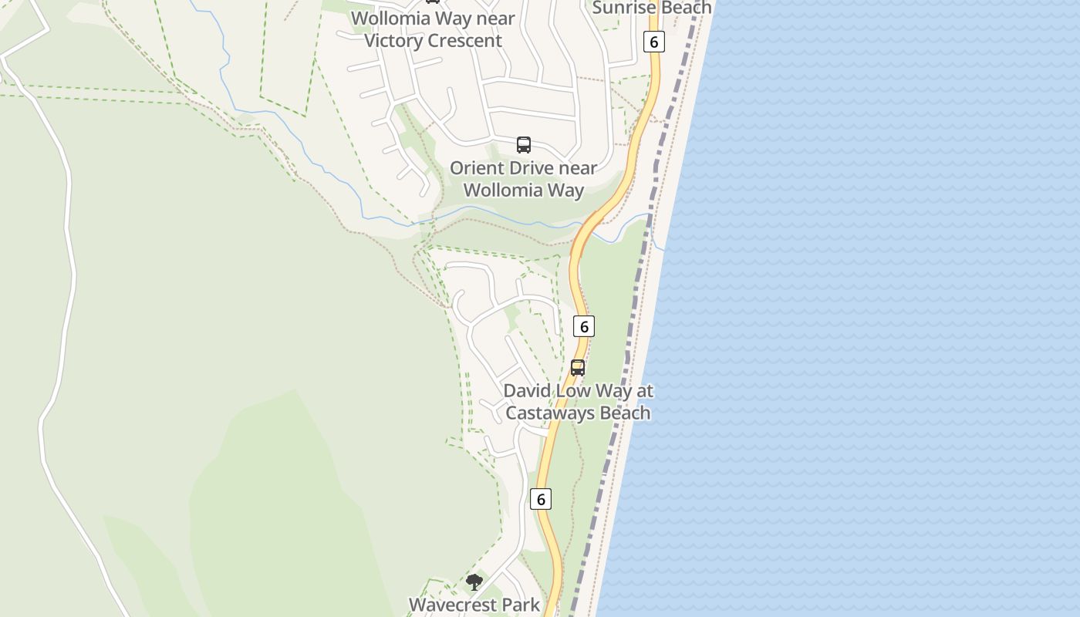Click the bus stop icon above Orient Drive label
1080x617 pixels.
pyautogui.click(x=524, y=144)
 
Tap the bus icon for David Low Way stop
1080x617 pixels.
pyautogui.click(x=578, y=368)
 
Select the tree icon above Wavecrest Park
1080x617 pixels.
pyautogui.click(x=474, y=582)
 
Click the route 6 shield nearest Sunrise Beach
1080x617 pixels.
pyautogui.click(x=653, y=42)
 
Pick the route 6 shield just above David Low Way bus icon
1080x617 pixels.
pyautogui.click(x=584, y=326)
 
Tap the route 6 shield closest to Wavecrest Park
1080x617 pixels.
pyautogui.click(x=541, y=499)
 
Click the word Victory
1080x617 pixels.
pyautogui.click(x=393, y=41)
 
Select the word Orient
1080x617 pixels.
pyautogui.click(x=478, y=168)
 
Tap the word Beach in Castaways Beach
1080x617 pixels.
pyautogui.click(x=626, y=413)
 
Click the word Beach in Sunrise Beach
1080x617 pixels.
pyautogui.click(x=686, y=8)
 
